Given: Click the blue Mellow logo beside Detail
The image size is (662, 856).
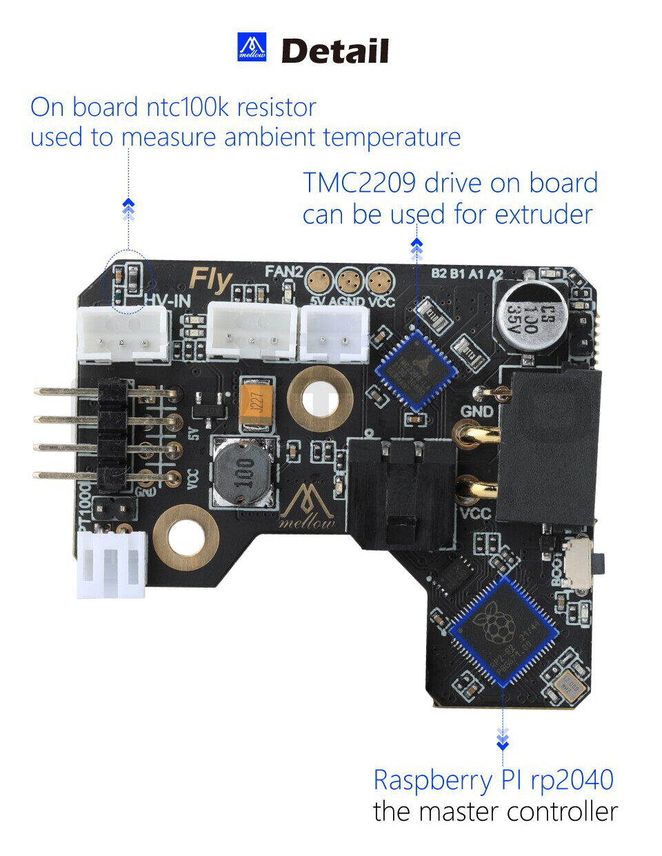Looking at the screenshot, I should point(252,47).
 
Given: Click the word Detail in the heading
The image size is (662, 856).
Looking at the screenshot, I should point(335,52).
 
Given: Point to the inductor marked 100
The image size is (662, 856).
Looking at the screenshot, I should point(243,472).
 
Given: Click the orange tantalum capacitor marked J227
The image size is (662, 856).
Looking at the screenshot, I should point(257,404).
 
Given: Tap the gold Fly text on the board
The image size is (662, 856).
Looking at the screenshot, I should point(210,280).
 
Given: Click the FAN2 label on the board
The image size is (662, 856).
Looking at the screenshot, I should point(283,272).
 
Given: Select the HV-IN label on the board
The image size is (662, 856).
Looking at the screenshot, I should point(168,301).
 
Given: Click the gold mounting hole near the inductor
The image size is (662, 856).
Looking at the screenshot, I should point(320,399).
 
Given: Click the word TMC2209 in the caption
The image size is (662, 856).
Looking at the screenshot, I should point(359,183).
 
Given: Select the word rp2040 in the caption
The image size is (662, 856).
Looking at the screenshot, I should point(572,780).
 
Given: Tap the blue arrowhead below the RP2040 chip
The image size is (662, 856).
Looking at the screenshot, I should point(503,743).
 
